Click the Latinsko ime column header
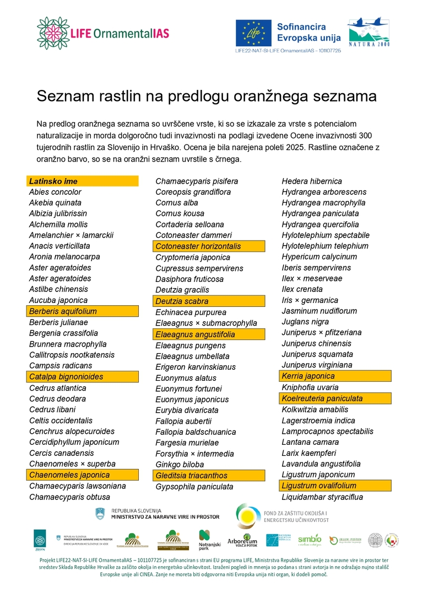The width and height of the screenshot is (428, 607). click(53, 181)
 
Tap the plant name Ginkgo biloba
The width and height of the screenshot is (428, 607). click(180, 465)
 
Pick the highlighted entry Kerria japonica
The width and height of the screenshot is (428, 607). click(308, 376)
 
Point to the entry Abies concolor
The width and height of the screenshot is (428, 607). click(55, 192)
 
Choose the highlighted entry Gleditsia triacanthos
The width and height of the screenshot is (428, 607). click(191, 475)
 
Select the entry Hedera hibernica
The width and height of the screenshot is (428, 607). click(312, 181)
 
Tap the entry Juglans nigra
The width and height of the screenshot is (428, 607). click(305, 322)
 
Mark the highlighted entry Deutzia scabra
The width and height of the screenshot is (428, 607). click(182, 301)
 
